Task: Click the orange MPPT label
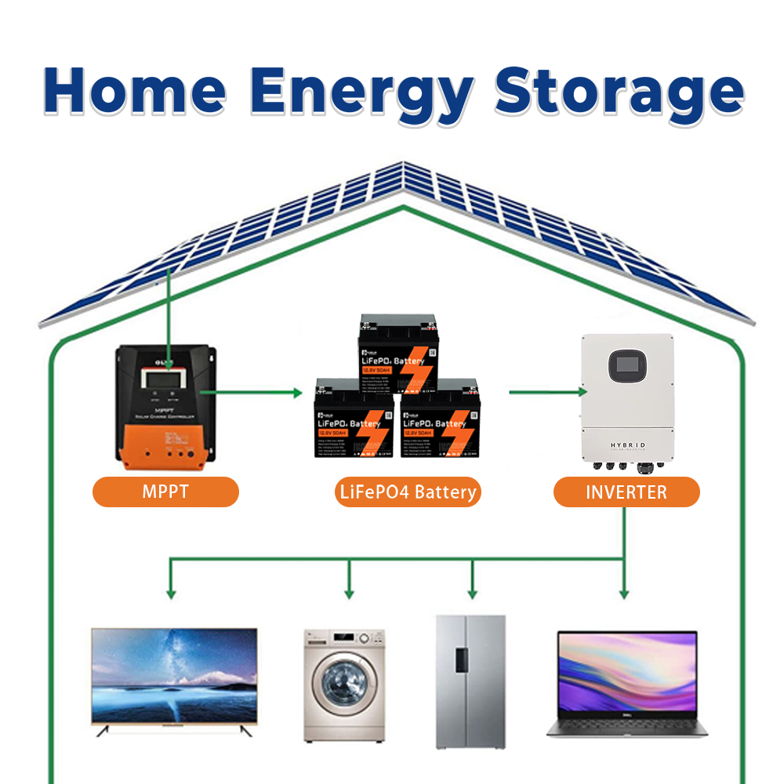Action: [x=165, y=492]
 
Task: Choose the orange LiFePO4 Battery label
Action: [x=408, y=492]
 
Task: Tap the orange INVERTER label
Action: [x=626, y=492]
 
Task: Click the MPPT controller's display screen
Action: [x=165, y=379]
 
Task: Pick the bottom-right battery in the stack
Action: [x=440, y=423]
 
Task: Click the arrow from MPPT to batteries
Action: [x=251, y=390]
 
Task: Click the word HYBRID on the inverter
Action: [x=628, y=445]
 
